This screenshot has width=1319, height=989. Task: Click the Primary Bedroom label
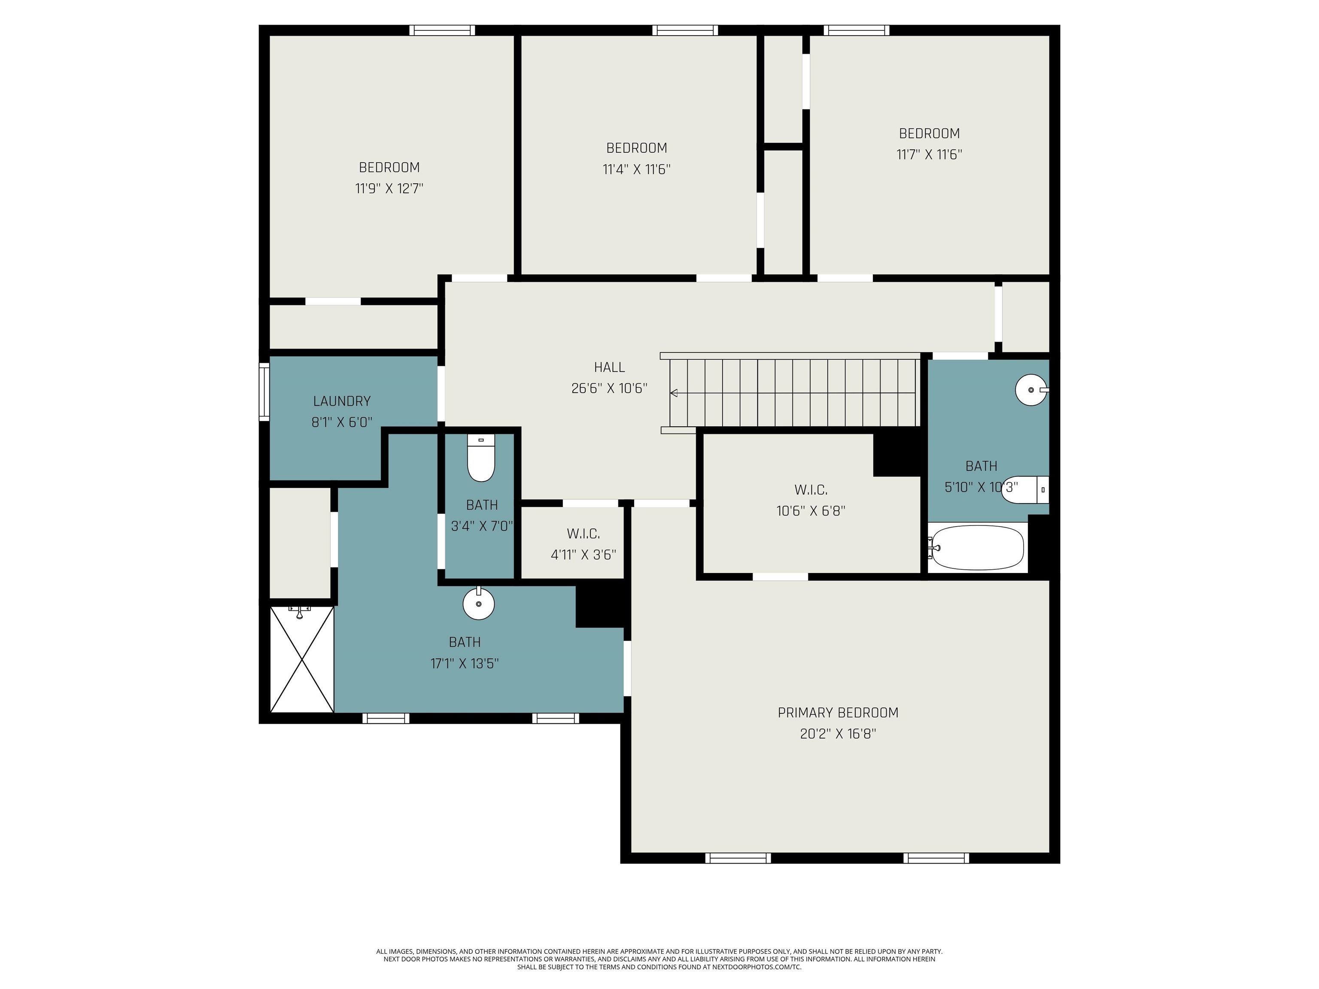(x=838, y=713)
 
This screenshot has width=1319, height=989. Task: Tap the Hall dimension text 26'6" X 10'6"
(x=609, y=388)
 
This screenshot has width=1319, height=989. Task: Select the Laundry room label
(x=342, y=401)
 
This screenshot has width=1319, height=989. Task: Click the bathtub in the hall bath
(x=977, y=548)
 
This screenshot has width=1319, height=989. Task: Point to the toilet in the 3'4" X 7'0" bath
(x=480, y=458)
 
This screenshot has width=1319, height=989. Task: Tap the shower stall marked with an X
(x=302, y=659)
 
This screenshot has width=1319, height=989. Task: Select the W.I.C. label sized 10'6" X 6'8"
(x=811, y=490)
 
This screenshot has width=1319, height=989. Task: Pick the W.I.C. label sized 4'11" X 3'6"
(x=583, y=534)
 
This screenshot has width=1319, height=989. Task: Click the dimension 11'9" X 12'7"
(x=389, y=189)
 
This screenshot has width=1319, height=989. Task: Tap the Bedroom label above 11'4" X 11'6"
(x=636, y=148)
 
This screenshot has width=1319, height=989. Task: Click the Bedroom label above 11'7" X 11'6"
(x=929, y=133)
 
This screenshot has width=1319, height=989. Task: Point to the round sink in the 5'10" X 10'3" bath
(x=1032, y=390)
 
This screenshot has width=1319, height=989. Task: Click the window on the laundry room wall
(x=264, y=391)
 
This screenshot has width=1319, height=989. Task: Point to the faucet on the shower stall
(x=299, y=612)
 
